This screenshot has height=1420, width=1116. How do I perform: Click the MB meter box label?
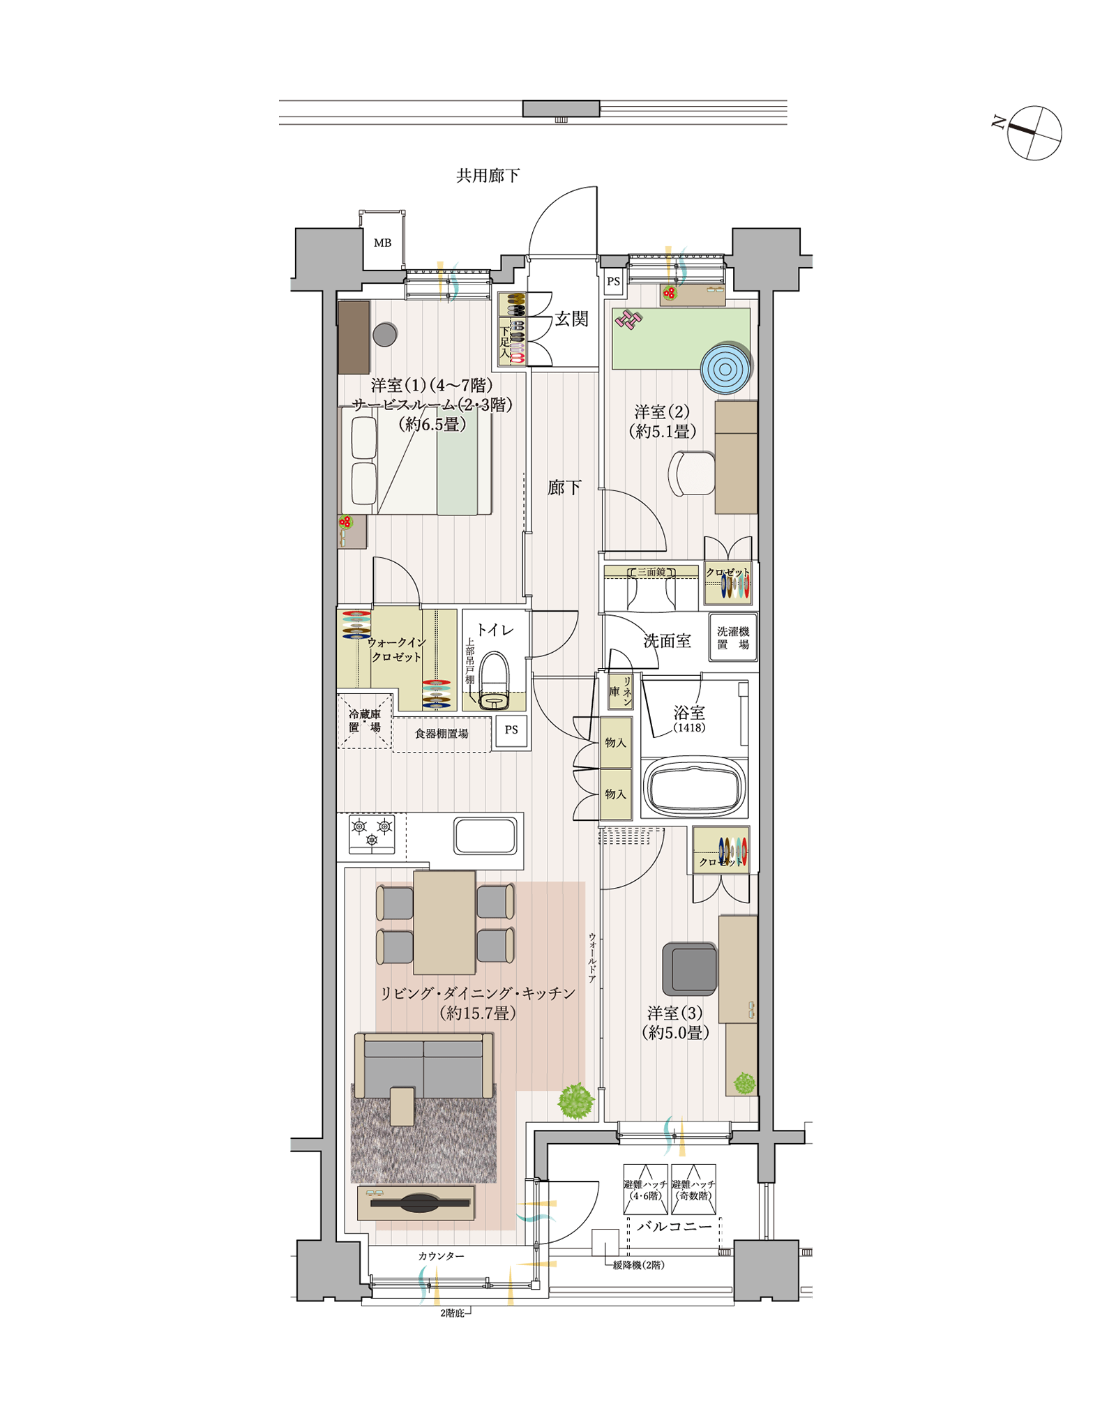[382, 243]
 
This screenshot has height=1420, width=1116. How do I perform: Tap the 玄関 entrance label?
[572, 319]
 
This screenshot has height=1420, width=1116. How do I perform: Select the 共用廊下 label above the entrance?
[488, 176]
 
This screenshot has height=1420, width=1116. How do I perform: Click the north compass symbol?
[1034, 133]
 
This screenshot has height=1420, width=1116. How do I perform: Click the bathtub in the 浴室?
[693, 787]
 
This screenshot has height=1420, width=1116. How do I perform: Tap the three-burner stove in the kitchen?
[372, 833]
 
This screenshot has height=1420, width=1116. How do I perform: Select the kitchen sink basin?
[485, 836]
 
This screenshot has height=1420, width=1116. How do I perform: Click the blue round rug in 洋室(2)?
[725, 368]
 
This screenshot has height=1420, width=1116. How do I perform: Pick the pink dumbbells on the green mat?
[628, 319]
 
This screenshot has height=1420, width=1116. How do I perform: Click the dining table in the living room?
[444, 922]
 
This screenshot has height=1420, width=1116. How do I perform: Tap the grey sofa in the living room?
[424, 1066]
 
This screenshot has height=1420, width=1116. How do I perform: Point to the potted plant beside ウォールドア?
[576, 1101]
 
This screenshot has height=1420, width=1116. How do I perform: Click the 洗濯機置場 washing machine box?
[733, 637]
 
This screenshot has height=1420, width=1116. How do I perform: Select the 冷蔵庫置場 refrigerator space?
[365, 720]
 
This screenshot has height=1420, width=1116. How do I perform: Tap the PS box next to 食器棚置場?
[511, 730]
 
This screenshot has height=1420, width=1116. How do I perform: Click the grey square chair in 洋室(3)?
[690, 969]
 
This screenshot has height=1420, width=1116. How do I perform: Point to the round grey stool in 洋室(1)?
[385, 335]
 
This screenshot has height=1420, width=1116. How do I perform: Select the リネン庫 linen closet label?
[620, 691]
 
